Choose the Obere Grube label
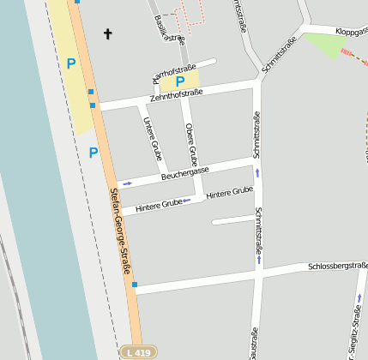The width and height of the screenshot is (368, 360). coord(192,145)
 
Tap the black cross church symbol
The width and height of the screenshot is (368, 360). coord(108,34)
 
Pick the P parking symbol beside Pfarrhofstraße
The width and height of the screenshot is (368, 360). coord(180,82)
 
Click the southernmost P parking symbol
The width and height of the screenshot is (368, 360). coord(94,153)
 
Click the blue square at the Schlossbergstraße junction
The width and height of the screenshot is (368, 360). coord(135,285)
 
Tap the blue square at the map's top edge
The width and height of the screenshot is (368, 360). coord(77,2)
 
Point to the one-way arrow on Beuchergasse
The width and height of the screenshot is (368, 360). coord(128,183)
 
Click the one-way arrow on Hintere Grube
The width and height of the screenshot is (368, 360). coord(186,201)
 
